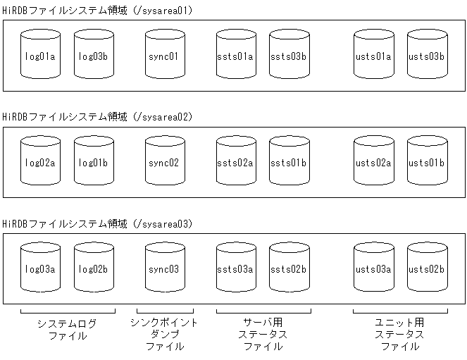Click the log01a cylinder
42,55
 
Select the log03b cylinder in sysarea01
94,55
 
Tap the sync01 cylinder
166,55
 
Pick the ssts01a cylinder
236,55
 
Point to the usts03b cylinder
428,55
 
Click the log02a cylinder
42,162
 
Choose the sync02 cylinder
166,162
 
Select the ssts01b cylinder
289,162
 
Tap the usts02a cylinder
374,162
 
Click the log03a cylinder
42,268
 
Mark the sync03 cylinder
166,268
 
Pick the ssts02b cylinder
289,268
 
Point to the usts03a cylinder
374,268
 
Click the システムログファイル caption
67,330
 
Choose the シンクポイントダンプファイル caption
165,334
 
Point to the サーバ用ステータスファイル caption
263,334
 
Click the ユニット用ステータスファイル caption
400,334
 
